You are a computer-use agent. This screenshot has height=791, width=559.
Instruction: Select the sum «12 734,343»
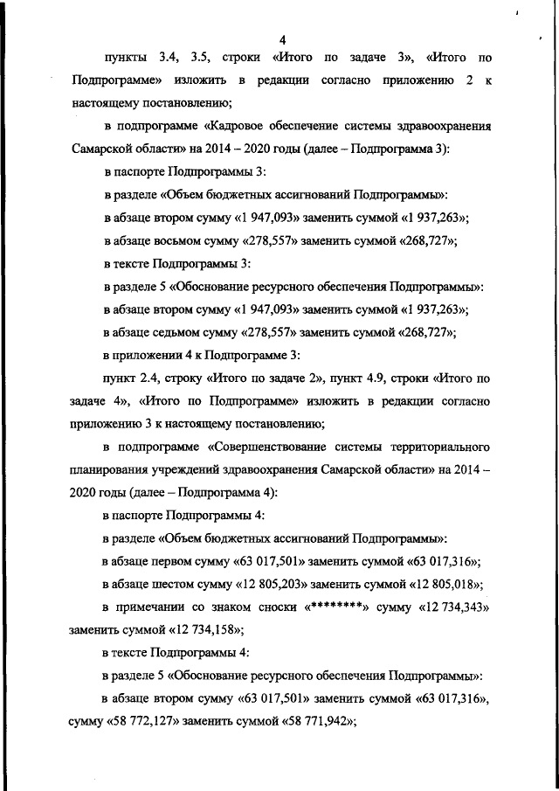point(449,606)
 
